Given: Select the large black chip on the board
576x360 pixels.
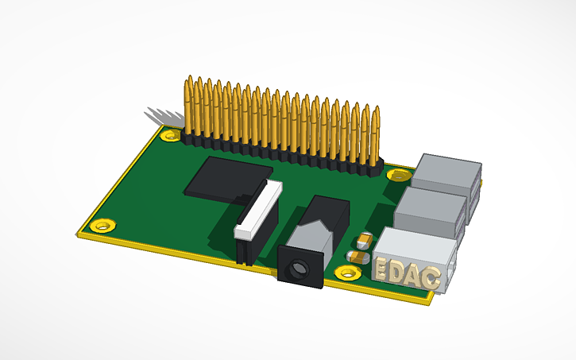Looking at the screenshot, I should click(226, 176).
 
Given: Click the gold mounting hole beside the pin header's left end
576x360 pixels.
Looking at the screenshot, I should click(169, 135).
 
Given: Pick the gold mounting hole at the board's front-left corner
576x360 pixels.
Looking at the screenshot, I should click(100, 226).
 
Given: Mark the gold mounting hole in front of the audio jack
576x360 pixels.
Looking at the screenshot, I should click(346, 274).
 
